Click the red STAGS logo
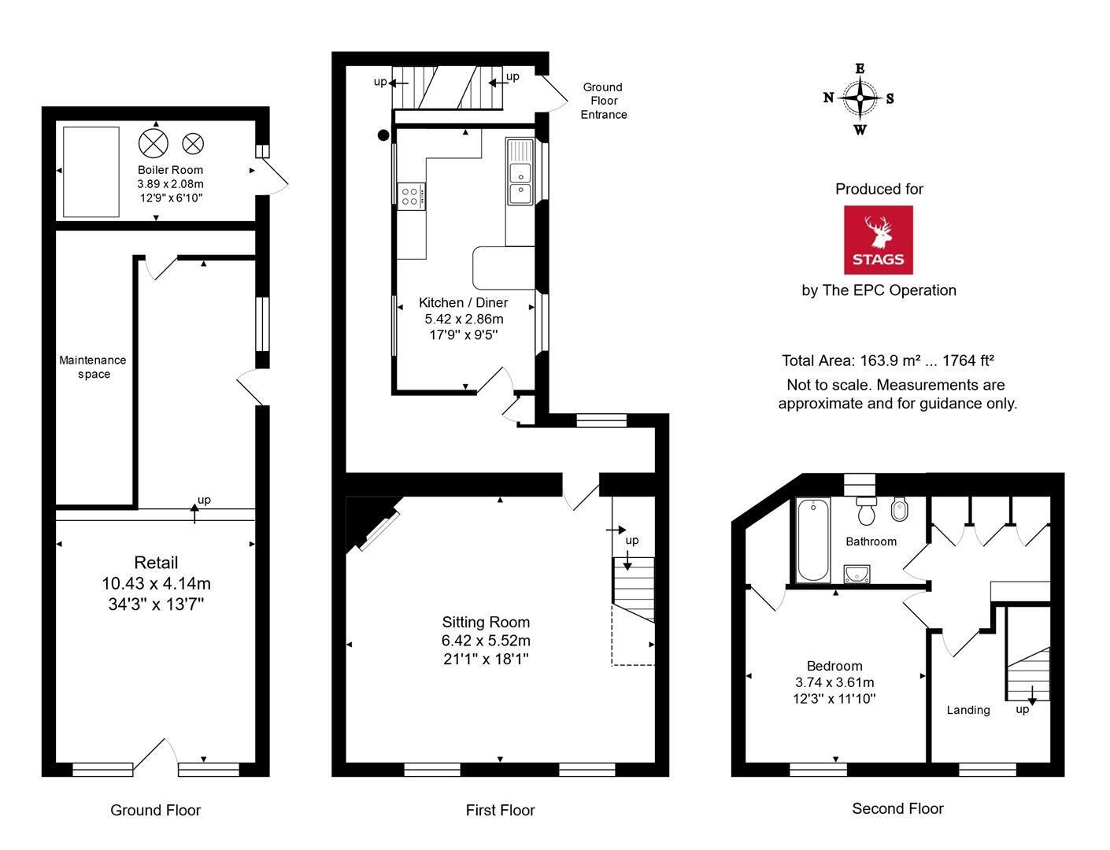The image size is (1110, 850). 878,240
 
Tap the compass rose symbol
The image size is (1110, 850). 860,98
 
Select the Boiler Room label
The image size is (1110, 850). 170,170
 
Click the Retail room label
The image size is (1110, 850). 156,563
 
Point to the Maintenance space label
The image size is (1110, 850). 92,367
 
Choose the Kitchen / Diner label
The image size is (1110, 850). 464,303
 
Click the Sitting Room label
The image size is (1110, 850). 486,623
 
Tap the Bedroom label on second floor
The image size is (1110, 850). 834,666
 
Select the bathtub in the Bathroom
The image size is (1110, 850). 813,540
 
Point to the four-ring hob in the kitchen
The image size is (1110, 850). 411,197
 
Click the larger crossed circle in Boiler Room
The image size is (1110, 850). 154,143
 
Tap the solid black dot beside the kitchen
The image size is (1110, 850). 383,135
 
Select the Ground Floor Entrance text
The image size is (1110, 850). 603,101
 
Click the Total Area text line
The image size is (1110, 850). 888,361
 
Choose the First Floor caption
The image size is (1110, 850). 500,810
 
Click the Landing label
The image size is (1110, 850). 968,710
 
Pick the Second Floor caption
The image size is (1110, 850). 897,808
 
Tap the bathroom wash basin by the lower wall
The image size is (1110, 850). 857,574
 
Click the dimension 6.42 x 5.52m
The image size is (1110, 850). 486,641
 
